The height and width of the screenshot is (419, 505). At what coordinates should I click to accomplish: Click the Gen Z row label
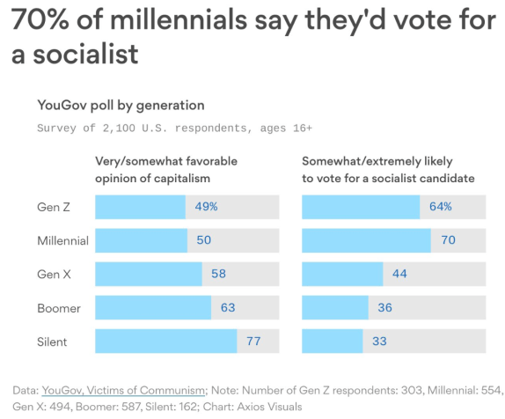click(x=53, y=207)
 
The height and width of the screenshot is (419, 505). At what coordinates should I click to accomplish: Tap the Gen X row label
click(x=53, y=274)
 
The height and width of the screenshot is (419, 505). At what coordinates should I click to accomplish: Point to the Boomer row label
click(x=58, y=307)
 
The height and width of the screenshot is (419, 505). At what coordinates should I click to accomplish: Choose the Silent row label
click(x=53, y=341)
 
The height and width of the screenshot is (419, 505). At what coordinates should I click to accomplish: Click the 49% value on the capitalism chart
click(x=206, y=207)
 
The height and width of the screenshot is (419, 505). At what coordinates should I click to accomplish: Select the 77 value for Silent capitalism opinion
click(x=252, y=341)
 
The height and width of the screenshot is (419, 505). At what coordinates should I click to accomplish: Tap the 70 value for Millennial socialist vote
click(x=448, y=240)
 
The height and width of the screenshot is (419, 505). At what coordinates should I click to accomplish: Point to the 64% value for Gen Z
click(x=441, y=207)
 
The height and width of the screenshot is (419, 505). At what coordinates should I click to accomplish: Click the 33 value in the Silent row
click(x=379, y=341)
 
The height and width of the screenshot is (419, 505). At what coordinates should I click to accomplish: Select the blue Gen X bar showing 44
click(x=342, y=274)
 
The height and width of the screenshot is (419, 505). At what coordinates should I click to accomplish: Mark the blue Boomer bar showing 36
click(x=334, y=307)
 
